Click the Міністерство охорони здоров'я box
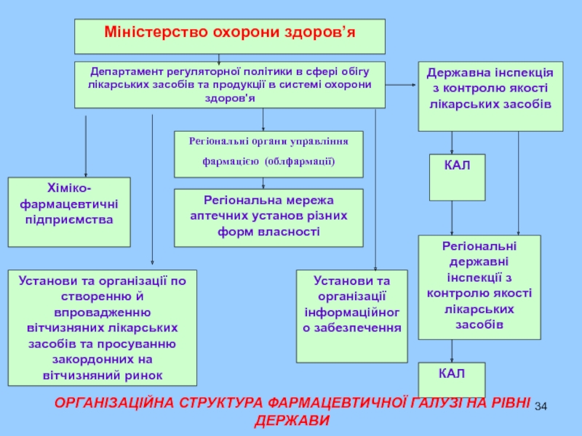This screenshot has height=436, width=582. (x=230, y=36)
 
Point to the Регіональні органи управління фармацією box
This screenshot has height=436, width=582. (x=268, y=154)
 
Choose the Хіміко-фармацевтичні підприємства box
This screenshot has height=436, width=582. (x=69, y=211)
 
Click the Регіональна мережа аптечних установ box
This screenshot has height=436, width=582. (x=268, y=217)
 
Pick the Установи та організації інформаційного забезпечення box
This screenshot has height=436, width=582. (x=352, y=315)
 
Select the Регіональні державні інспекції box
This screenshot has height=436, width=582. (x=479, y=287)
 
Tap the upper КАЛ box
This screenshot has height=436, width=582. (x=457, y=177)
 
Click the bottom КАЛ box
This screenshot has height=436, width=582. (x=451, y=380)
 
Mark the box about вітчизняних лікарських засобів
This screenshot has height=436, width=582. (x=103, y=327)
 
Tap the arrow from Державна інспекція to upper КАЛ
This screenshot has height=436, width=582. (x=453, y=142)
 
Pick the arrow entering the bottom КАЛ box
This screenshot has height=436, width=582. (x=453, y=352)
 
